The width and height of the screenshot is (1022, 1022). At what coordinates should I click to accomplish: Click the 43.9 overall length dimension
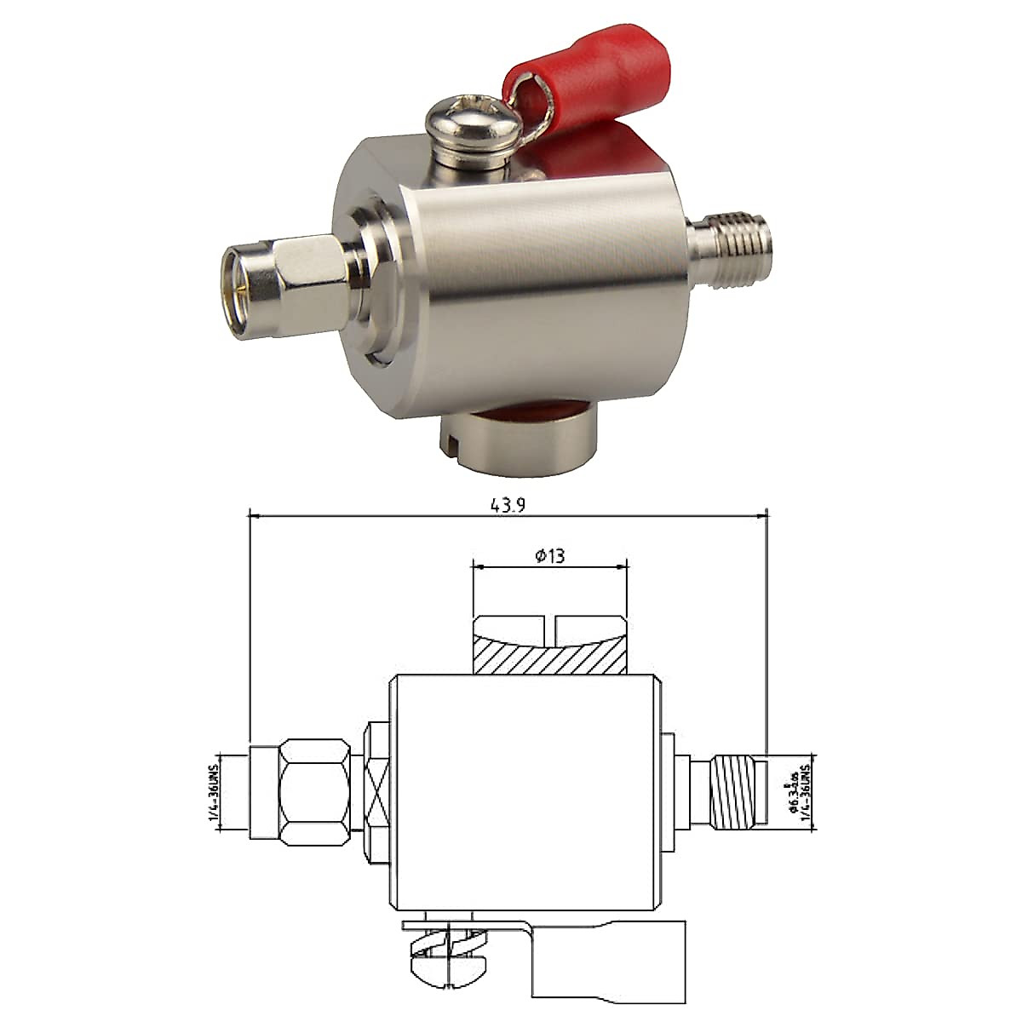[508, 504]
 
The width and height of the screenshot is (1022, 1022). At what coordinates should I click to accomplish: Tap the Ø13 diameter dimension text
[550, 556]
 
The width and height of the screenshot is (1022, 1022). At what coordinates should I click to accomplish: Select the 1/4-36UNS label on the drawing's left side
[213, 792]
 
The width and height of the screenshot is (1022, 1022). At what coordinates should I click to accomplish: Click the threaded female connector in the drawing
[741, 792]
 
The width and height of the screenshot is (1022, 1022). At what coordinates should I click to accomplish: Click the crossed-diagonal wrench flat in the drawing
[376, 792]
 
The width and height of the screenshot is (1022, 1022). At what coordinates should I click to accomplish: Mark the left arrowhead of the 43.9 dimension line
[254, 514]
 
